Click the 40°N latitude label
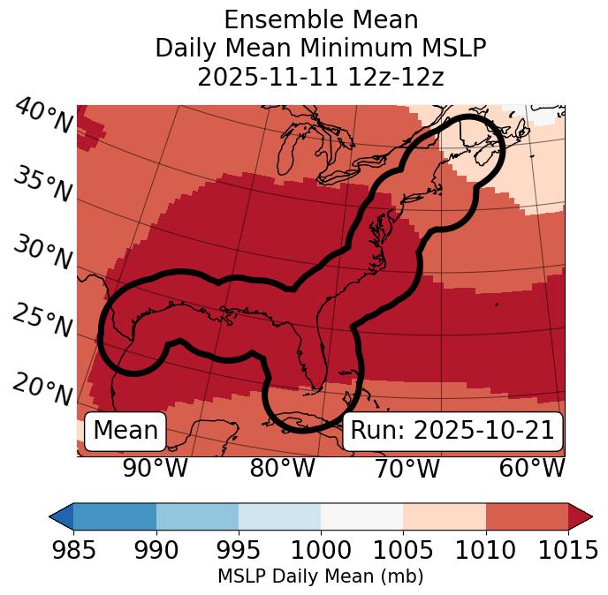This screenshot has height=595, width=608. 42,117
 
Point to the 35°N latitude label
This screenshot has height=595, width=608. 42,185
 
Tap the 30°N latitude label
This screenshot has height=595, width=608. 42,253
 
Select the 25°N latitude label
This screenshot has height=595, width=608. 42,321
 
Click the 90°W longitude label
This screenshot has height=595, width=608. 155,468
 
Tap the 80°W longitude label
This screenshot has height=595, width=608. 282,468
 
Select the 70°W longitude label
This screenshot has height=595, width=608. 407,468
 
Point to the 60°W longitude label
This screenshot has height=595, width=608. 532,468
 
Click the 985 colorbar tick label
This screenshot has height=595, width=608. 73,550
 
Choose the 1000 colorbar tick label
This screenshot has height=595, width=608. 321,550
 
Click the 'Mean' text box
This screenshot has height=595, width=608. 125,431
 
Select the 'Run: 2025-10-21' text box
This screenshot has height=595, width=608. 452,431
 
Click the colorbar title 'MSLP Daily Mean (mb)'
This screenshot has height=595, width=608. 320,577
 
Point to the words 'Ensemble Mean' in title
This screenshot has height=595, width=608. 320,19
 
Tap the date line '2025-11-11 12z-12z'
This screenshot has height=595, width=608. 320,78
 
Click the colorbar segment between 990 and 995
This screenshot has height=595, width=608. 197,516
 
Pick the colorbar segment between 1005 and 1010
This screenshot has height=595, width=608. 445,516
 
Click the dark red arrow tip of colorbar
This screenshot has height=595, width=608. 581,516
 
